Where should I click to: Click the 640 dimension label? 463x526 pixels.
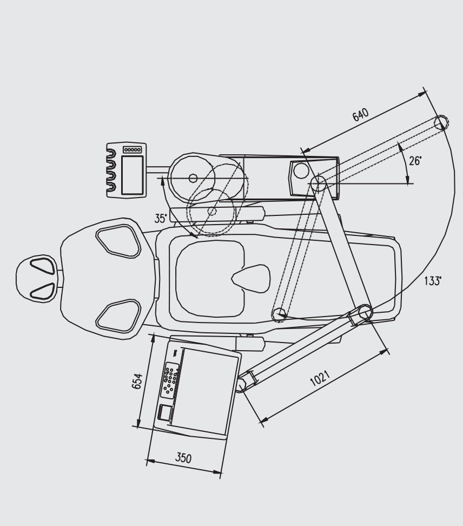point(360,114)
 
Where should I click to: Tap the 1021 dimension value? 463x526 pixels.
point(320,378)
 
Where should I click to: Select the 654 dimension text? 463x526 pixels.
point(137,381)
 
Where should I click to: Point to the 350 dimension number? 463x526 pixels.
point(183,458)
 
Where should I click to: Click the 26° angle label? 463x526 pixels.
point(415,161)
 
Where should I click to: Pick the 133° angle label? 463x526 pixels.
point(433,281)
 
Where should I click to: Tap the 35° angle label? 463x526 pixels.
point(161,219)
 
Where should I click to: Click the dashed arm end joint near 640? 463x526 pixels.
point(441,122)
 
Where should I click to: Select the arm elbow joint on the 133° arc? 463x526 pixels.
point(365,312)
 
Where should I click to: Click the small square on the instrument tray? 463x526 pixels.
point(164,412)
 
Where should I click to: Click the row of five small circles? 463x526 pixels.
point(133,149)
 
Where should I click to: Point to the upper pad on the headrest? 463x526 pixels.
point(43,266)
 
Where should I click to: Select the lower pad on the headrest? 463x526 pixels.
point(43,291)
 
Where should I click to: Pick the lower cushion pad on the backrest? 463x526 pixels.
point(118,316)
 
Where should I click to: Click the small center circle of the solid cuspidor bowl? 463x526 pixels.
point(193,178)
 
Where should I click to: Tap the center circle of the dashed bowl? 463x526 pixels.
point(212,211)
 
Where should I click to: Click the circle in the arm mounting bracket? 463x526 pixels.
point(301,171)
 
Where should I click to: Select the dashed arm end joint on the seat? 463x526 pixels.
point(279,314)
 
